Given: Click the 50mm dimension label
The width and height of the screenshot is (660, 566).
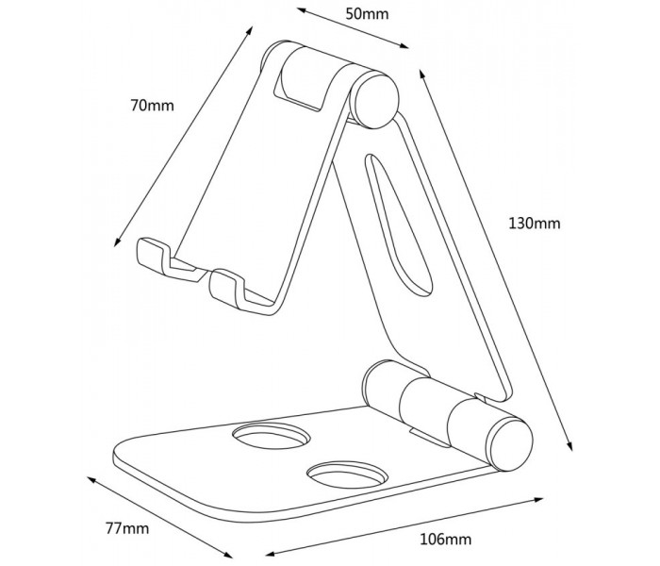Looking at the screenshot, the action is (x=367, y=14).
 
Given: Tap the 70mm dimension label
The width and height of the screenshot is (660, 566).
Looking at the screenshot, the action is (x=152, y=106).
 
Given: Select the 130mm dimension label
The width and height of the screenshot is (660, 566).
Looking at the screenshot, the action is (x=535, y=223).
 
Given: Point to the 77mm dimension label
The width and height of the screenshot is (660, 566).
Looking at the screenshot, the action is (x=127, y=528).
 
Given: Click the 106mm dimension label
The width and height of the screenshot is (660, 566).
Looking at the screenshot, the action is (x=445, y=539).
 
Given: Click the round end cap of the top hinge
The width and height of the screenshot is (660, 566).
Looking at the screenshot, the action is (x=374, y=100).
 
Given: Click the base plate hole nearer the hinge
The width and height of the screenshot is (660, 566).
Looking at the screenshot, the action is (x=272, y=436).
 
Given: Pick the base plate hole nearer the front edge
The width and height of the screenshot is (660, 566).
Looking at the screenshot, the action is (x=347, y=474).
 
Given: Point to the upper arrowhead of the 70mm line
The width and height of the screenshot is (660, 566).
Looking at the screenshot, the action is (x=250, y=31).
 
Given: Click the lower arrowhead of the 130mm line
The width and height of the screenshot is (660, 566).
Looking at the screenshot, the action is (x=569, y=446).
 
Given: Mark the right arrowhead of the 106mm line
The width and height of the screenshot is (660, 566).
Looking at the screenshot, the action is (x=538, y=500).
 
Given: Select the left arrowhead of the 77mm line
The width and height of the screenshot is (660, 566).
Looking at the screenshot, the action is (x=91, y=479).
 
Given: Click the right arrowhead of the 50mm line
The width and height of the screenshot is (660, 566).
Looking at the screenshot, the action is (x=404, y=46).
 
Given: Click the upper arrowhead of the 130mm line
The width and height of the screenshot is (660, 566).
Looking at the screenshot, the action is (x=421, y=74).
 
